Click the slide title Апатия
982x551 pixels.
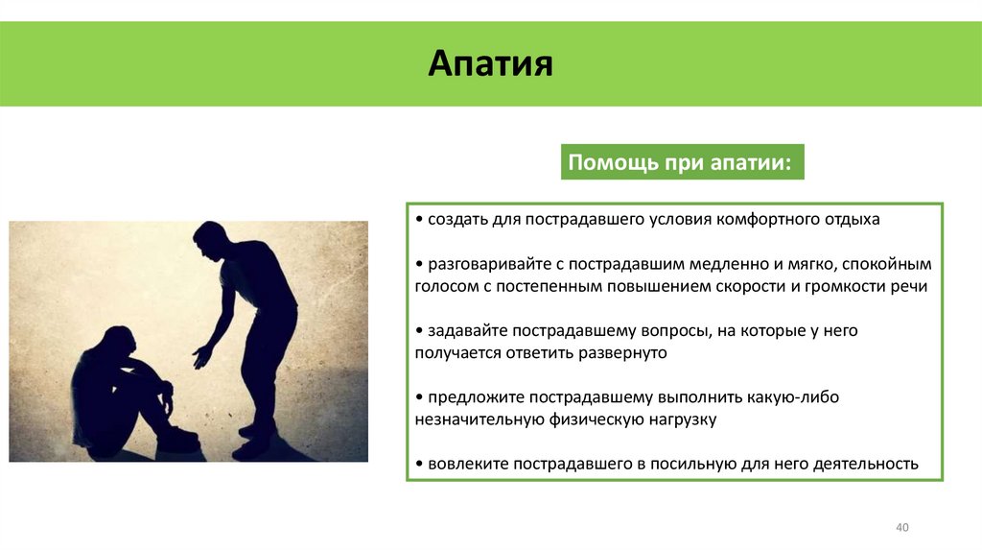tap(490, 65)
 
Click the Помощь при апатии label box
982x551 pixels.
tap(681, 162)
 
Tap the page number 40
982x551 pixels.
tap(901, 528)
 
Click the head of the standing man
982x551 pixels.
tap(209, 238)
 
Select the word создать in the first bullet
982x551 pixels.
tap(458, 219)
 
